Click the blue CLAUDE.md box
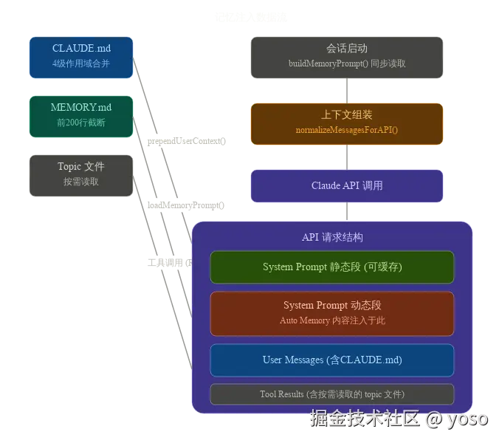(81, 57)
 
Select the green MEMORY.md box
(81, 115)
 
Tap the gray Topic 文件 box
(81, 175)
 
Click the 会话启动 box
(346, 57)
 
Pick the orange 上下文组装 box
(346, 123)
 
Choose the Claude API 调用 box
(346, 185)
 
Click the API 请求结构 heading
(332, 238)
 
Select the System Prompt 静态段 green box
(332, 267)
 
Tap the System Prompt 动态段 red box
(332, 313)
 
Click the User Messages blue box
(332, 360)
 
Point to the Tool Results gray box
(332, 394)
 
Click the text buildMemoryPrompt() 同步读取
(346, 64)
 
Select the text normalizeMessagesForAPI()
(346, 130)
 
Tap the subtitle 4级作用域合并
(81, 64)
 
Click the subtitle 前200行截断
(81, 123)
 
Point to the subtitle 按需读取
(81, 182)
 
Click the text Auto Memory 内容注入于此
(332, 320)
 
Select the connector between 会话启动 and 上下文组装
(346, 90)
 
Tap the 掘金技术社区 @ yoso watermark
(399, 419)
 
